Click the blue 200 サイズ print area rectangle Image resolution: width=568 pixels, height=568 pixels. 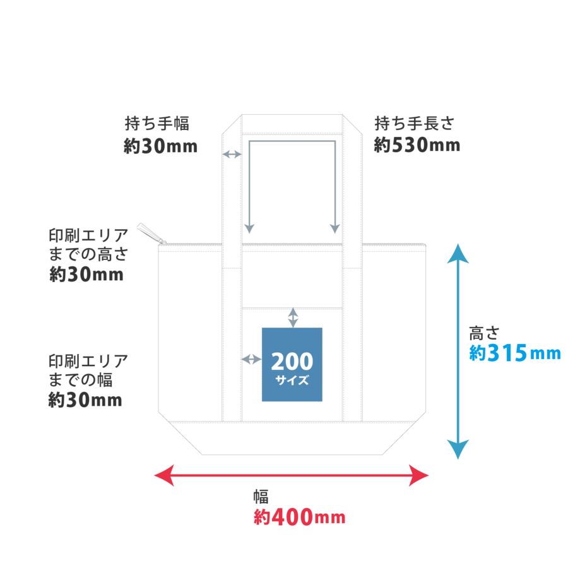(x=292, y=364)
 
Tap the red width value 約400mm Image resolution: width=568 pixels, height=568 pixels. (x=299, y=518)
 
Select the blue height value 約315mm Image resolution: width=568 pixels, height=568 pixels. (x=514, y=353)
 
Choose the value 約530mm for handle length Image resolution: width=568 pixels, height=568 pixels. (x=417, y=146)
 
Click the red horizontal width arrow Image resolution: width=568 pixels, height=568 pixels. (x=292, y=475)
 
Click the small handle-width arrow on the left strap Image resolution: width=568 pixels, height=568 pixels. (x=232, y=154)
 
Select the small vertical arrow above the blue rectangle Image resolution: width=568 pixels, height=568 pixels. (x=292, y=317)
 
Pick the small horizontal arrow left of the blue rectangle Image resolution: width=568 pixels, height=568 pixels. (x=251, y=359)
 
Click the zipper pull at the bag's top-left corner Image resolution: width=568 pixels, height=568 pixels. (x=151, y=234)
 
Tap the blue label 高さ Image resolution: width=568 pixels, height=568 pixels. (x=484, y=332)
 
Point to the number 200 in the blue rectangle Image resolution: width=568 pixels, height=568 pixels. (x=292, y=362)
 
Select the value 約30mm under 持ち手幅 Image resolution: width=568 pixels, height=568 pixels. (x=160, y=146)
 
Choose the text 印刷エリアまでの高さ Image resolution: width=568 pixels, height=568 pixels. (x=88, y=245)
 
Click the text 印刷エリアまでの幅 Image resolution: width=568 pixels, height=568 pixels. (x=88, y=370)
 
